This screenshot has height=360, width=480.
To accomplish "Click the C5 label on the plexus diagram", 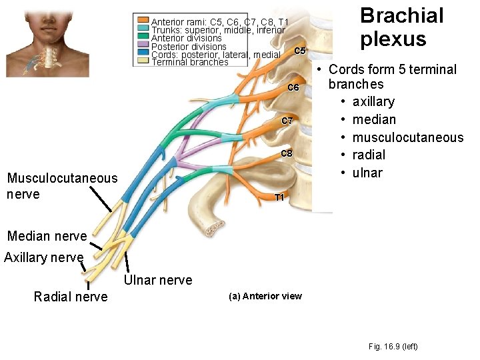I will pos(299,51).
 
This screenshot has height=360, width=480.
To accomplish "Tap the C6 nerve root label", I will pos(294,88).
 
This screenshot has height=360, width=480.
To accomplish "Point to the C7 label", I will pos(287,121).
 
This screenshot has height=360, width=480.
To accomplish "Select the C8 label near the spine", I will pos(287,154).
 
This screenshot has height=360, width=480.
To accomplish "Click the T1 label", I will pos(280,197).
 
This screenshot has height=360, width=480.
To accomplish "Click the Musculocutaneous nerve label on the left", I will pos(61,186).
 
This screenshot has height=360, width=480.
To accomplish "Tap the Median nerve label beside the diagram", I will pos(47,236).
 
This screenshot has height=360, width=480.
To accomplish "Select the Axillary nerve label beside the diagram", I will pos(43,257).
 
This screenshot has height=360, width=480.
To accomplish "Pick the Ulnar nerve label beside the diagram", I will pos(158,280).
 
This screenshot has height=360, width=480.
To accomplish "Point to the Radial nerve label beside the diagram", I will pos(70,297).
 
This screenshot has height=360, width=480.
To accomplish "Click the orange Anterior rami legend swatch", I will pos(143,21).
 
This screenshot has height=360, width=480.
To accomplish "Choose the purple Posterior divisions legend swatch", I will pos(143,45).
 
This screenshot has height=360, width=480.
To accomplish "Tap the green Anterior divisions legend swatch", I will pos(143,37).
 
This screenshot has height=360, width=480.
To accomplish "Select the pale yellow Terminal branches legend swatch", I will pos(143,61).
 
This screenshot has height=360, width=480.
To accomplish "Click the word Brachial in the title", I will pos(401,15).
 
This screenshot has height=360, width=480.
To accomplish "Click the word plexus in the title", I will pos(393,39).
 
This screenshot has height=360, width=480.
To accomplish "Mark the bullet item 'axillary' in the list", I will pos(373,101).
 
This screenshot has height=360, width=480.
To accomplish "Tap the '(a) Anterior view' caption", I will pos(265,296).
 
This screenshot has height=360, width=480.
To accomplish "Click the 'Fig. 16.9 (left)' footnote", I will pos(393,346).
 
